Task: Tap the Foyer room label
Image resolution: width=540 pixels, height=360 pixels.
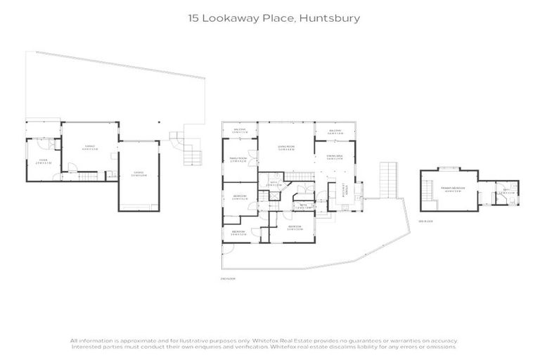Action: pyautogui.click(x=42, y=160)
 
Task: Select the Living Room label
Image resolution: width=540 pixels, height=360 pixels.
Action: pyautogui.click(x=285, y=148)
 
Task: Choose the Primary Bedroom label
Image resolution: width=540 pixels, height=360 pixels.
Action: pyautogui.click(x=450, y=189)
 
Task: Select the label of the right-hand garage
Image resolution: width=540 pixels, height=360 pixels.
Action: pyautogui.click(x=139, y=173)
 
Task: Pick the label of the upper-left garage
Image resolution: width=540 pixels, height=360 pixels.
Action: pyautogui.click(x=89, y=147)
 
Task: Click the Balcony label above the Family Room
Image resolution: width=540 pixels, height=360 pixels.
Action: pyautogui.click(x=239, y=131)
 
